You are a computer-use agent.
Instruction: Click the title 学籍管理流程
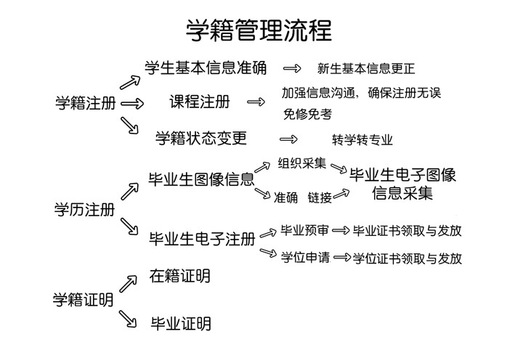click(259, 30)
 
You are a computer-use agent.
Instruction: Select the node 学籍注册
click(86, 103)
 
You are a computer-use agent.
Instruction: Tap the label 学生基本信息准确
click(206, 68)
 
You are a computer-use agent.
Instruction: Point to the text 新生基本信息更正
click(366, 68)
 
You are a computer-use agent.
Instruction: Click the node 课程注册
click(200, 102)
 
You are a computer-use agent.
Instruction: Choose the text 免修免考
click(307, 114)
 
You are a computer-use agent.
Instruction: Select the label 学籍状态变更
click(201, 138)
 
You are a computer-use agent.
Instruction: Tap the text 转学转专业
click(363, 140)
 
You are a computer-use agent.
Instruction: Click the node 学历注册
click(84, 210)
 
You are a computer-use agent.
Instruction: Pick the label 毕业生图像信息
click(201, 179)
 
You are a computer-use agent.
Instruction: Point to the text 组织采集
click(301, 163)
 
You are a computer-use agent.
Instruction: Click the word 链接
click(320, 197)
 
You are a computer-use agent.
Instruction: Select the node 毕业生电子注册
click(202, 239)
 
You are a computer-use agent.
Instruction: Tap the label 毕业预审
click(304, 230)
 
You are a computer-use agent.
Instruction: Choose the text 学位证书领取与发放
click(408, 258)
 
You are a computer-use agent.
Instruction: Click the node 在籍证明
click(180, 277)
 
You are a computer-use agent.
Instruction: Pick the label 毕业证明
click(181, 324)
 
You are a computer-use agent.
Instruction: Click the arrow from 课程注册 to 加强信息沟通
click(256, 102)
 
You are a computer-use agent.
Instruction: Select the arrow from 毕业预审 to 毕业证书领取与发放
click(341, 231)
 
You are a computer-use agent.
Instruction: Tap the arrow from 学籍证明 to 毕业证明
click(128, 319)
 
